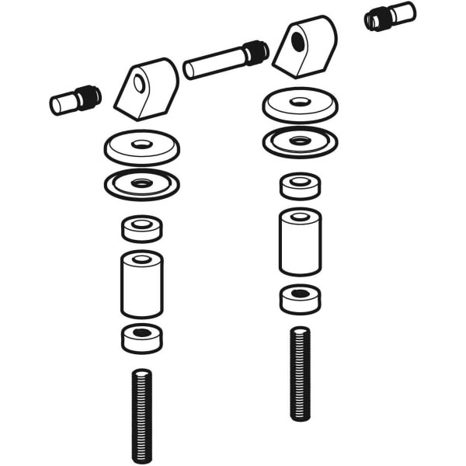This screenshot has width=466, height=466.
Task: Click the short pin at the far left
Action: (75, 100)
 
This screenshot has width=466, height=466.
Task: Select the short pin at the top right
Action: (390, 16)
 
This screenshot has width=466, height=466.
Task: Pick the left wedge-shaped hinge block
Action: (147, 89)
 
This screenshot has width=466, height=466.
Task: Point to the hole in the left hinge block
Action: (139, 82)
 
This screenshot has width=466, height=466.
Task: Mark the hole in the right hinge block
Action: (298, 43)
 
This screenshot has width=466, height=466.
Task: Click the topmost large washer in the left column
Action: (141, 146)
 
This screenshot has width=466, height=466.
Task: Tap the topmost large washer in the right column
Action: (300, 105)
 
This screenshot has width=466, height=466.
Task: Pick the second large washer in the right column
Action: (300, 142)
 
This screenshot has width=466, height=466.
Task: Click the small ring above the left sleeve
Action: (141, 228)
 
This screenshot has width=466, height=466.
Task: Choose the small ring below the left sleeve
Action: (141, 338)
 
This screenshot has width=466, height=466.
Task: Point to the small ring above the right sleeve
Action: (300, 186)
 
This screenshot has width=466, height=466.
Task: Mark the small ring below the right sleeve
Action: (300, 299)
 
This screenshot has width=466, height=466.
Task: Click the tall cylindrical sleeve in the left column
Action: (141, 283)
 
